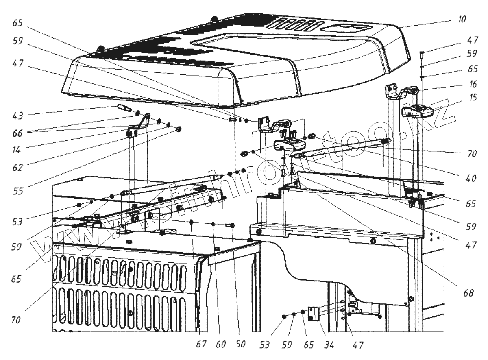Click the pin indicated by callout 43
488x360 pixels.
click(x=123, y=108)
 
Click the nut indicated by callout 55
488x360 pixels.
click(x=179, y=129)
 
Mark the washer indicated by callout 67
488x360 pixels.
click(x=191, y=222)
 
